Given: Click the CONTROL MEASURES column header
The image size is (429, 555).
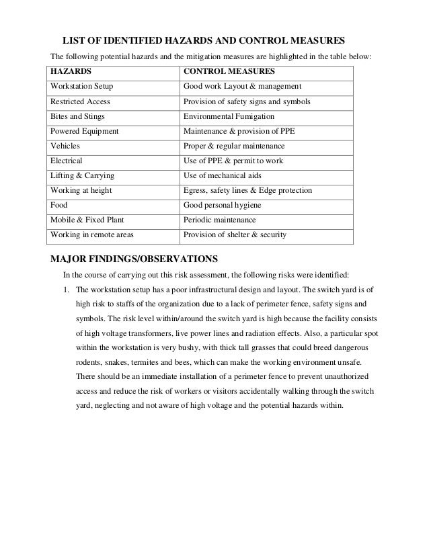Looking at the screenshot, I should [227, 71].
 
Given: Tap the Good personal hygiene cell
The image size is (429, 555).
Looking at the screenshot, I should [222, 206].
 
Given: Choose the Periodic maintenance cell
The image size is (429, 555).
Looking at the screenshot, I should [219, 220].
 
